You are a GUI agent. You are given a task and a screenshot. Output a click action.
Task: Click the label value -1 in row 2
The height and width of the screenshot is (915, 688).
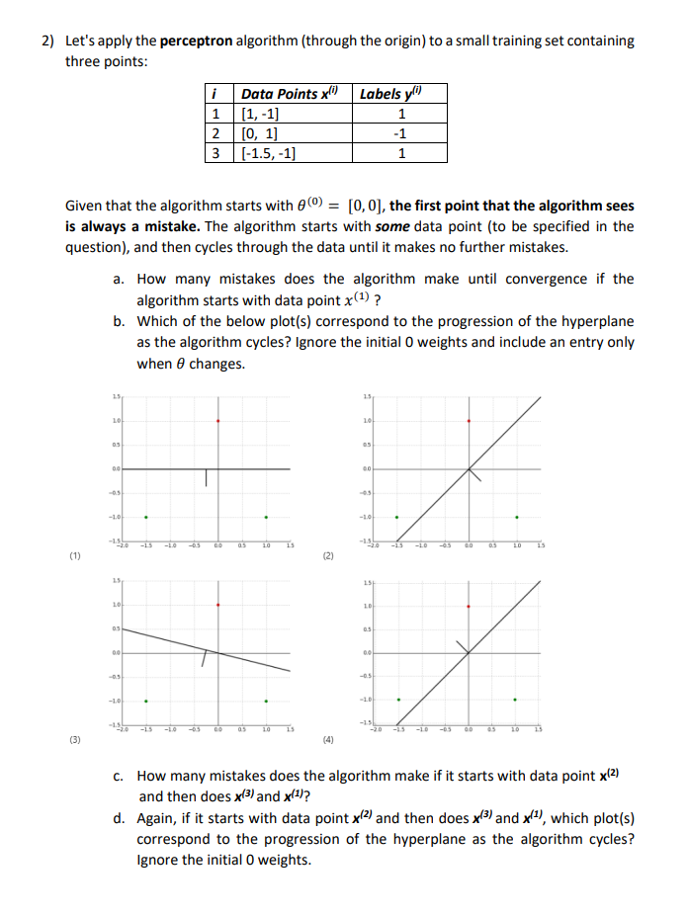pyautogui.click(x=400, y=133)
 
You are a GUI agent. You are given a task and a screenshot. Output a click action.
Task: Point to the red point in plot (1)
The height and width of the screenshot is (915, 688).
pyautogui.click(x=217, y=421)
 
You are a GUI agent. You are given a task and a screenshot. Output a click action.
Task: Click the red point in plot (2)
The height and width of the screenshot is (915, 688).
pyautogui.click(x=468, y=421)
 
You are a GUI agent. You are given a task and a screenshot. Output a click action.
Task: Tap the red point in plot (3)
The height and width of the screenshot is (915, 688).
pyautogui.click(x=217, y=606)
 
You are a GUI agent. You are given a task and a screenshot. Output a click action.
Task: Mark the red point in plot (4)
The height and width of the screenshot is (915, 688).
pyautogui.click(x=468, y=606)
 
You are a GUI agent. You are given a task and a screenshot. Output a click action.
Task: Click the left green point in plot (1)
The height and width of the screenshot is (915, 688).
pyautogui.click(x=146, y=516)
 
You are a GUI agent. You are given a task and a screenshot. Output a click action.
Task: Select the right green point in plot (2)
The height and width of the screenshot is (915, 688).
pyautogui.click(x=515, y=516)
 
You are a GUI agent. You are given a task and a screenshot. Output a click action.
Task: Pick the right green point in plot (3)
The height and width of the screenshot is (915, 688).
pyautogui.click(x=265, y=701)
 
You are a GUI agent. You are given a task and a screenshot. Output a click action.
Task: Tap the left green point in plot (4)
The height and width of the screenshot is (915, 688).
pyautogui.click(x=397, y=701)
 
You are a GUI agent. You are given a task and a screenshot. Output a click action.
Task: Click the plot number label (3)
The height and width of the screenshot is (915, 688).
pyautogui.click(x=75, y=738)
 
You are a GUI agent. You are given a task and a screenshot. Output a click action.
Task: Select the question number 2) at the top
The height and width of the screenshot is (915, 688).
pyautogui.click(x=47, y=42)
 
